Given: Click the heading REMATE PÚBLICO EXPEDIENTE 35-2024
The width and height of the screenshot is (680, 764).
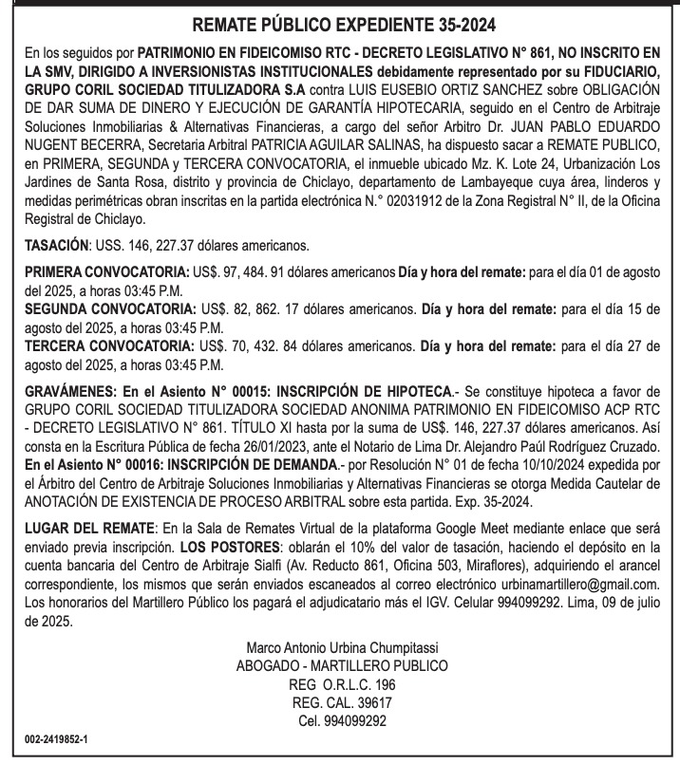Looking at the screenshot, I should [340, 22].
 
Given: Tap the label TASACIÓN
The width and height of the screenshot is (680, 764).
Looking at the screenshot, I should [54, 246].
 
